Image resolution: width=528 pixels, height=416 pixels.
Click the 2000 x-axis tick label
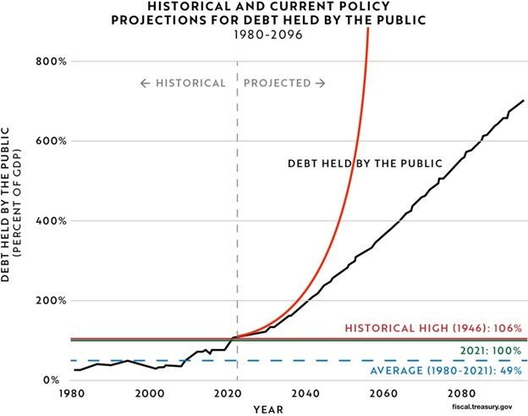[x=149, y=394]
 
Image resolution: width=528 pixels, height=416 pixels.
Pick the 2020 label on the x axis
[x=228, y=394]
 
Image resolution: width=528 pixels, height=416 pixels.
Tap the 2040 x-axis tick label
[x=306, y=394]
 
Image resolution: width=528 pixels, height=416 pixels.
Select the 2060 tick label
[x=384, y=394]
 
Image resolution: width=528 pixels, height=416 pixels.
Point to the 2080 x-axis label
[x=462, y=394]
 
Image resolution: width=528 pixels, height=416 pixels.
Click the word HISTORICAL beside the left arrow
[x=190, y=83]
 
